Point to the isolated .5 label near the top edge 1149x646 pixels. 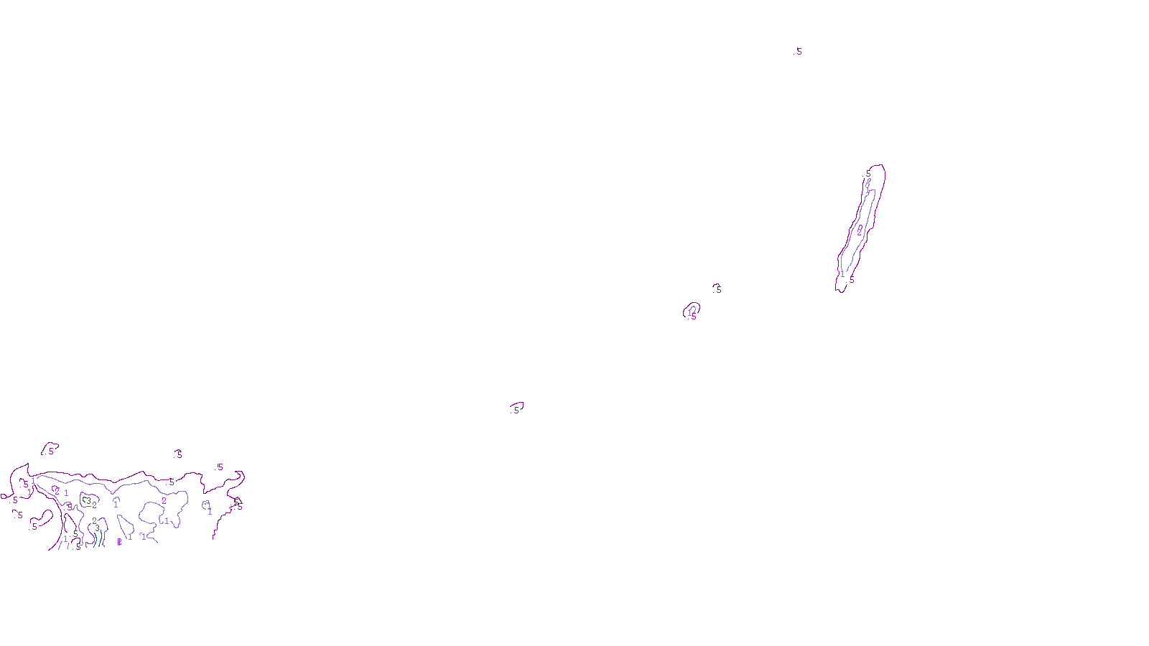[798, 52]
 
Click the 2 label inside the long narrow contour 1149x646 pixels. [860, 230]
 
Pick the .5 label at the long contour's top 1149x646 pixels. [867, 174]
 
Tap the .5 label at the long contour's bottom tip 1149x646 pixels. [852, 279]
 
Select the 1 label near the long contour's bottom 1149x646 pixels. [842, 274]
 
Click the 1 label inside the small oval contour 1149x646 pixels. [690, 312]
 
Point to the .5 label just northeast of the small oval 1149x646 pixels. [717, 289]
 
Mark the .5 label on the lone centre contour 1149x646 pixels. [515, 410]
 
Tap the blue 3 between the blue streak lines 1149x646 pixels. [97, 528]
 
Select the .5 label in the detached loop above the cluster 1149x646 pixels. [50, 451]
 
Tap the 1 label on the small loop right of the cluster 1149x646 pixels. [209, 511]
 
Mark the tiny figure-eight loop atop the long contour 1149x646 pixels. [868, 184]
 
